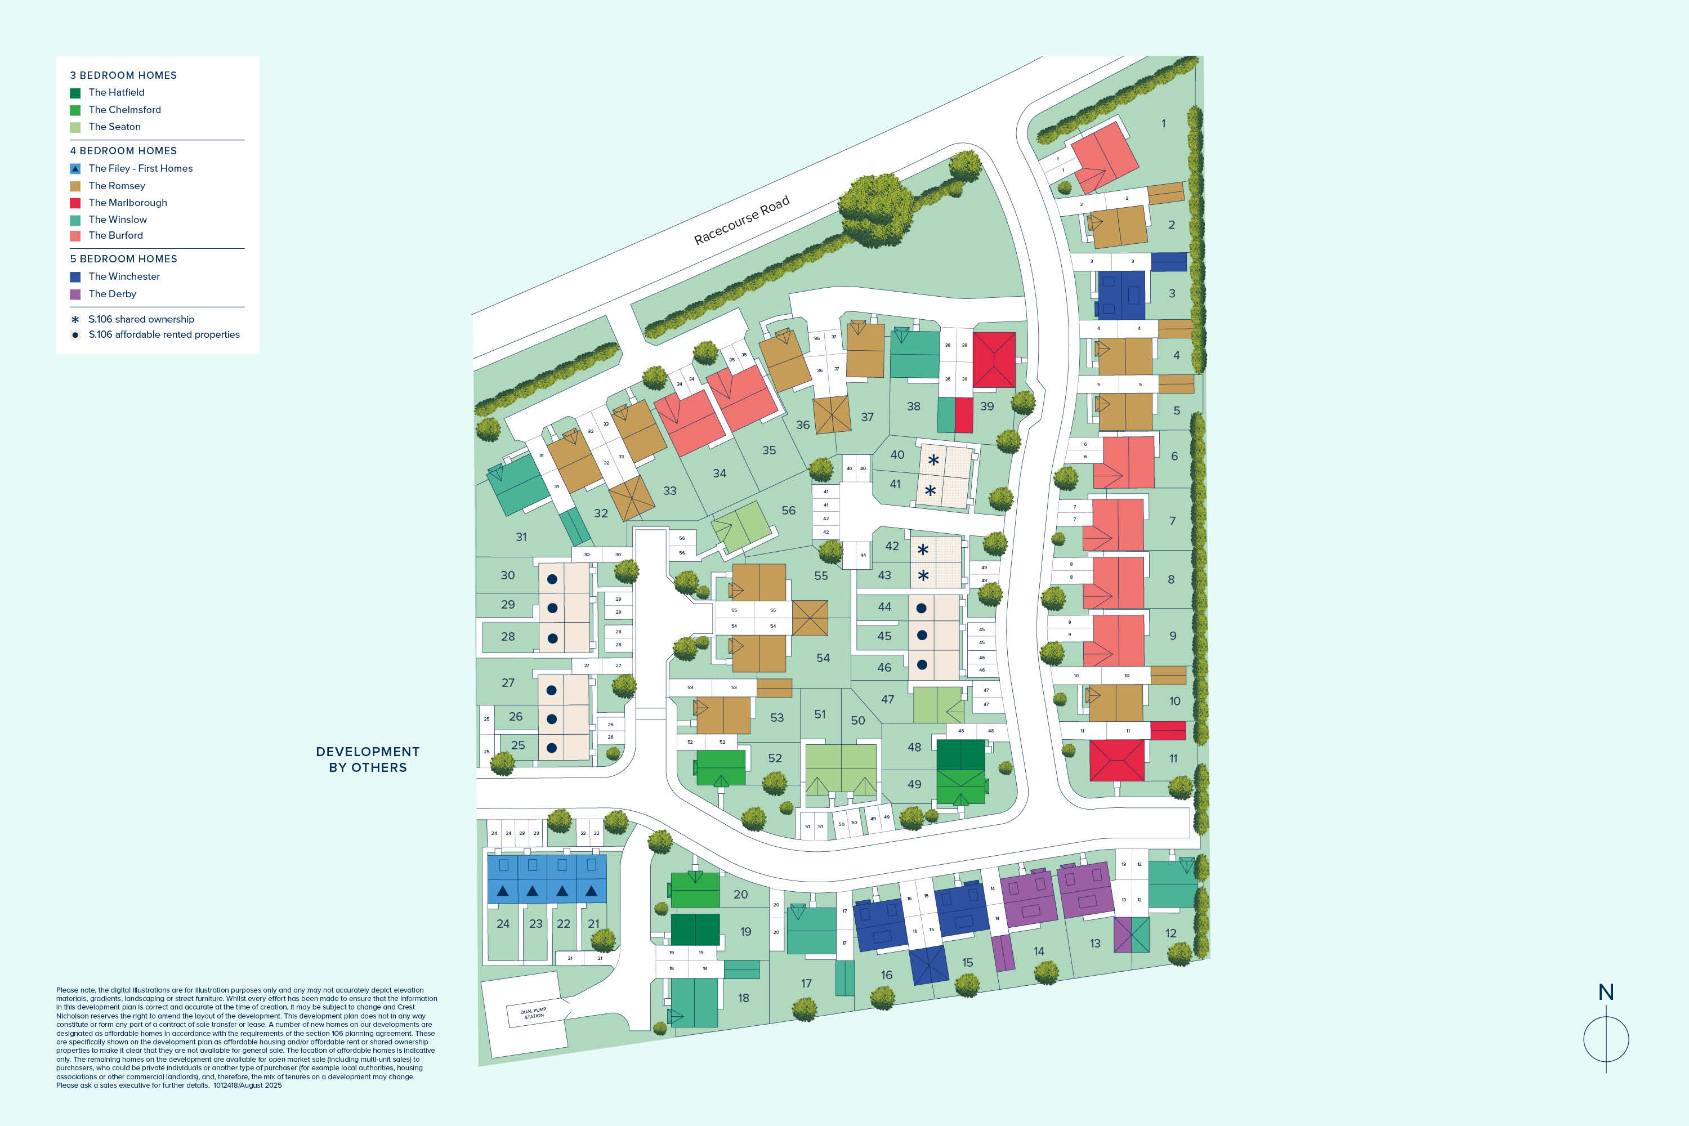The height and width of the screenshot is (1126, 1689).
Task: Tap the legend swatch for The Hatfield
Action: tap(75, 93)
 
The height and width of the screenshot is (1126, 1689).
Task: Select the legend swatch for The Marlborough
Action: tap(75, 203)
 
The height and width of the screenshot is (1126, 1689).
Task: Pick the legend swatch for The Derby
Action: tap(75, 294)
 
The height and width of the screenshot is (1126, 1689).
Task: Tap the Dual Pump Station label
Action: tap(534, 1013)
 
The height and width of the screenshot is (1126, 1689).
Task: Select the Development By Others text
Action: tap(368, 759)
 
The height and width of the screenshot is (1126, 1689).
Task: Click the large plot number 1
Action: tap(1163, 123)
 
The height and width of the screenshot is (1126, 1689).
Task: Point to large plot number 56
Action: tap(789, 511)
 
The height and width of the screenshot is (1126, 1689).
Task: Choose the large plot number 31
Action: tap(521, 537)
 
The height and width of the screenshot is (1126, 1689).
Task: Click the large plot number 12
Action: tap(1170, 933)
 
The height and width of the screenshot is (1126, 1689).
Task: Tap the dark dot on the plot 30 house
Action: tap(552, 579)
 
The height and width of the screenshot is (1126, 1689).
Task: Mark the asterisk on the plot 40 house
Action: tap(933, 461)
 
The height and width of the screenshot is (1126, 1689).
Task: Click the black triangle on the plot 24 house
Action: tap(503, 891)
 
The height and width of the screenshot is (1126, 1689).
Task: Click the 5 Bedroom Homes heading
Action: tap(123, 259)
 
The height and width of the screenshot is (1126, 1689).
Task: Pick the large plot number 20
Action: tap(740, 895)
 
